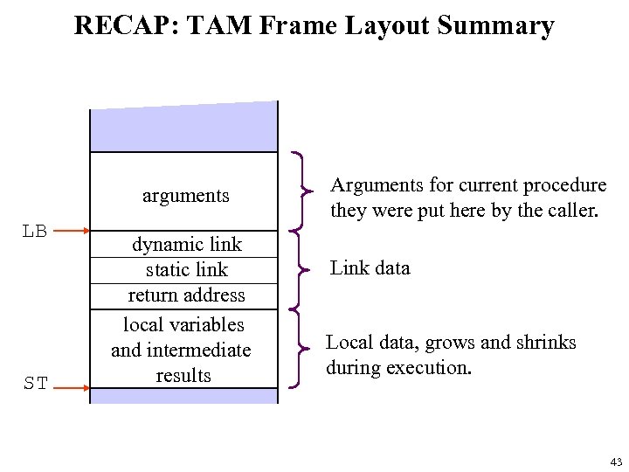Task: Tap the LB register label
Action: point(35,232)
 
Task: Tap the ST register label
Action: point(35,383)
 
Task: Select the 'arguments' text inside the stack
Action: point(185,196)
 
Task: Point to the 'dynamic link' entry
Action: point(186,244)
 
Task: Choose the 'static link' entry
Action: point(186,269)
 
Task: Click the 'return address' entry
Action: point(186,295)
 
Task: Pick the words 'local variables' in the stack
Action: point(183,324)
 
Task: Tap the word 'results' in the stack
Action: point(183,375)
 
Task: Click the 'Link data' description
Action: point(370,267)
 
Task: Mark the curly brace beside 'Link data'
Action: point(301,267)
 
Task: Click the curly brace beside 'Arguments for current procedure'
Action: point(302,189)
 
